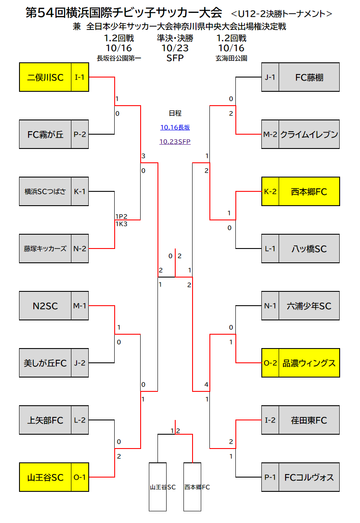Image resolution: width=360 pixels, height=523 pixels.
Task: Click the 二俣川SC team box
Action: click(x=54, y=77)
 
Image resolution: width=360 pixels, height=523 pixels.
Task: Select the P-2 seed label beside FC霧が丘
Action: click(x=80, y=134)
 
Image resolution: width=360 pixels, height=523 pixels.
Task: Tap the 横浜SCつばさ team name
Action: click(x=45, y=191)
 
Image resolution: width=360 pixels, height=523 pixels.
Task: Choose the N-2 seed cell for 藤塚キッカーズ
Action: click(x=80, y=249)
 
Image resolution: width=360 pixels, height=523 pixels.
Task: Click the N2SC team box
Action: click(x=54, y=306)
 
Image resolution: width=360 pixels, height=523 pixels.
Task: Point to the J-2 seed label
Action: click(x=80, y=363)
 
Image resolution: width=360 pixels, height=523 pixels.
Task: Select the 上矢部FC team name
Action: click(x=45, y=420)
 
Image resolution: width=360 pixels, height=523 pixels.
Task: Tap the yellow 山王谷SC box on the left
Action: click(x=54, y=477)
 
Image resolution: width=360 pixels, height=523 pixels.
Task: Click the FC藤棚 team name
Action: click(x=309, y=77)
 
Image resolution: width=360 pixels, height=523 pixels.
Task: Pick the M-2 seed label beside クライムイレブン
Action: click(x=270, y=134)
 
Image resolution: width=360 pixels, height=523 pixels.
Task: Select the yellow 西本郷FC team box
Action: click(x=301, y=191)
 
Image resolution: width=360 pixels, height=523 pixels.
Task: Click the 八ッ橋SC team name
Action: click(x=309, y=249)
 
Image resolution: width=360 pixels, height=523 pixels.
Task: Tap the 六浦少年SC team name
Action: click(x=309, y=306)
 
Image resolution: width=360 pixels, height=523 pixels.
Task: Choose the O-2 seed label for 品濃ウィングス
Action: click(x=270, y=363)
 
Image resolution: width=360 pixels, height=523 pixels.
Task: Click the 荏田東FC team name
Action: click(x=309, y=420)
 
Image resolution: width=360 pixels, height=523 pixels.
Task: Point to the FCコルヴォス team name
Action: click(x=309, y=478)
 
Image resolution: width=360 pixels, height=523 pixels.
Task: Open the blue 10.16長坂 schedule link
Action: click(x=175, y=127)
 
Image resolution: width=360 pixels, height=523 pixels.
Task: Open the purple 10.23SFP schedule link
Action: click(x=175, y=142)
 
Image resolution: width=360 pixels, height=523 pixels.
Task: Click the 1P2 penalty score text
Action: click(x=121, y=216)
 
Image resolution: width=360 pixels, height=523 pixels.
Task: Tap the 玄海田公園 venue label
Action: click(x=231, y=58)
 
